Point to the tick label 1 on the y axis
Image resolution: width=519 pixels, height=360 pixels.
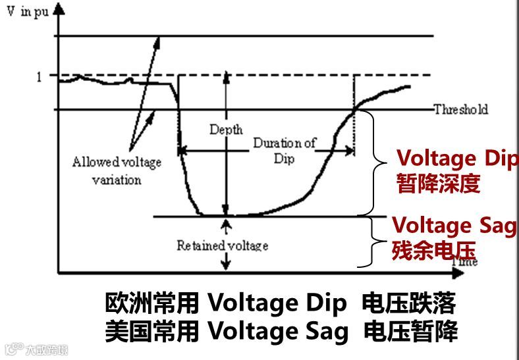pyautogui.click(x=39, y=76)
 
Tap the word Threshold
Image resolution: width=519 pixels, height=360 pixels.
pyautogui.click(x=460, y=110)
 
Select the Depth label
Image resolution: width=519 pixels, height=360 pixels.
pyautogui.click(x=226, y=129)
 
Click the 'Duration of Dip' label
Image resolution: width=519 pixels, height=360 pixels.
pyautogui.click(x=285, y=151)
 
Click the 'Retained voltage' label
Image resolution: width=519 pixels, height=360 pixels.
pyautogui.click(x=222, y=245)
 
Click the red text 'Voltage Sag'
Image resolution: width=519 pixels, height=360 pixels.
pyautogui.click(x=454, y=226)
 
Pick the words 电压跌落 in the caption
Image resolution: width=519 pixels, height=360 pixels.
pyautogui.click(x=408, y=304)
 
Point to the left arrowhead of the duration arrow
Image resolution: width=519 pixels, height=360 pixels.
pyautogui.click(x=184, y=151)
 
